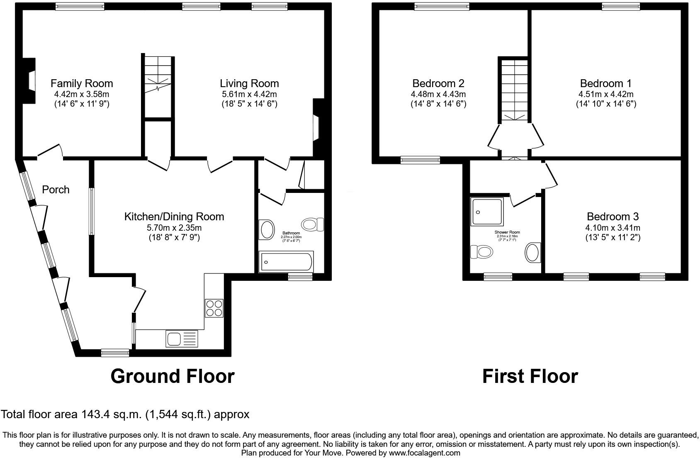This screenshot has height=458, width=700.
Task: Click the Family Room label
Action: (82, 83)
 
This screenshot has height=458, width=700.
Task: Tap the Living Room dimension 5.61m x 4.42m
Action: (249, 94)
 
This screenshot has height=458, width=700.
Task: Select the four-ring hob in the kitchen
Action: (214, 308)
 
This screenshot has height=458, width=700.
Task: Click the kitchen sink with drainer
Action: (182, 339)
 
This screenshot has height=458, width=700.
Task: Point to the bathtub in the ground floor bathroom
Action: (285, 262)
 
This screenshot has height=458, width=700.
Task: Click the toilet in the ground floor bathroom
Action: (313, 224)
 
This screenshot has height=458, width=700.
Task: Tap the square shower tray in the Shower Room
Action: (487, 212)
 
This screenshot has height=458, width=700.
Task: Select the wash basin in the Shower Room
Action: (533, 253)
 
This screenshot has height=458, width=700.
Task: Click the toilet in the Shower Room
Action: (481, 251)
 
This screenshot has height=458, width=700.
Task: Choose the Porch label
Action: (56, 190)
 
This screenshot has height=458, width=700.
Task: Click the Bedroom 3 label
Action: (612, 217)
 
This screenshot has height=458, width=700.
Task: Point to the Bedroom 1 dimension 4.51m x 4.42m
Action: (606, 94)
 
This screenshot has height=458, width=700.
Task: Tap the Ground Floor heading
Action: (173, 376)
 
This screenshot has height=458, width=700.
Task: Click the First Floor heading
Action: (530, 376)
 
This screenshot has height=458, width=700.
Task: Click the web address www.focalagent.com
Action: (424, 453)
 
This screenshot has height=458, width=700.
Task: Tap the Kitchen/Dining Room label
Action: (174, 217)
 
